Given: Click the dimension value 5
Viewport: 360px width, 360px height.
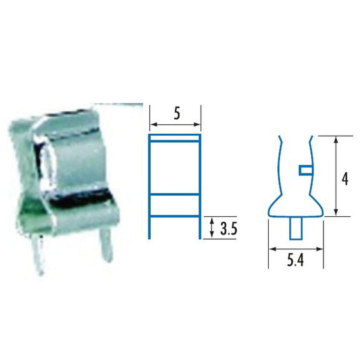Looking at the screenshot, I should tap(176, 113).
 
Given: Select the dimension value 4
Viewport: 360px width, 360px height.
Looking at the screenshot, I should tap(344, 178).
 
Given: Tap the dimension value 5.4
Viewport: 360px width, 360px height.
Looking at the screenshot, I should tap(294, 258).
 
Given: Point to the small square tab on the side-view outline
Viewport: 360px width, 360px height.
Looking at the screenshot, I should tap(305, 168).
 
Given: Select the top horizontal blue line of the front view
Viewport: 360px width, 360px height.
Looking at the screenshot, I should tap(176, 136).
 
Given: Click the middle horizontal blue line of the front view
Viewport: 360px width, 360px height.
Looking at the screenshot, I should tap(176, 195).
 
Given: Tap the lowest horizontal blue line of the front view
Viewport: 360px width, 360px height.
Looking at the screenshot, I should tap(176, 217).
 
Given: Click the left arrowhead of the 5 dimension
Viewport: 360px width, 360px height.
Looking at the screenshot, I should tap(152, 125).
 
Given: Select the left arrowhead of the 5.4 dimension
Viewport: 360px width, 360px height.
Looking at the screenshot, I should tap(272, 248).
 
